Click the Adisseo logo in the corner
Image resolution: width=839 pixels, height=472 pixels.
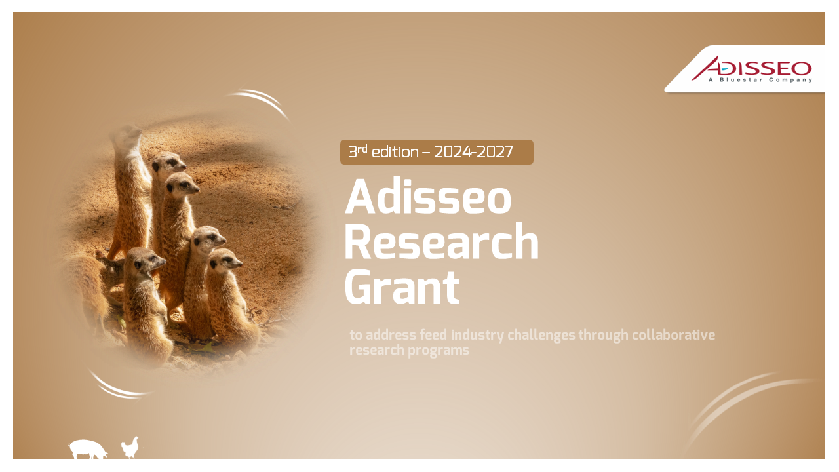[x=752, y=69]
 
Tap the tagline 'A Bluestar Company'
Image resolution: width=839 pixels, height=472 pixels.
[x=760, y=80]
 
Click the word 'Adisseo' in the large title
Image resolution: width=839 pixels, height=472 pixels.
[x=428, y=196]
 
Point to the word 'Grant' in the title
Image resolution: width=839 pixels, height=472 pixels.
[x=402, y=287]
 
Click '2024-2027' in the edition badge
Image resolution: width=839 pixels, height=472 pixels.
[x=473, y=152]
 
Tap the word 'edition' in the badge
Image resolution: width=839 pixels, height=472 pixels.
[x=395, y=152]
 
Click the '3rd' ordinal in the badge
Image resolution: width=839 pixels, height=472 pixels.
[x=358, y=151]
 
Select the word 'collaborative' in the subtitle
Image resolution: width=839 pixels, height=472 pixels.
[x=673, y=334]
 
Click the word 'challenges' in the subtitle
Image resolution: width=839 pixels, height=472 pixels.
[x=541, y=335]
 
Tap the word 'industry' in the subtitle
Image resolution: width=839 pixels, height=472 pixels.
[x=478, y=335]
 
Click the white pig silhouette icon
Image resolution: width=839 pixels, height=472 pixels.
[x=88, y=449]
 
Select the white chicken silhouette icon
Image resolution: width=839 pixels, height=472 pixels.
[x=130, y=447]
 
